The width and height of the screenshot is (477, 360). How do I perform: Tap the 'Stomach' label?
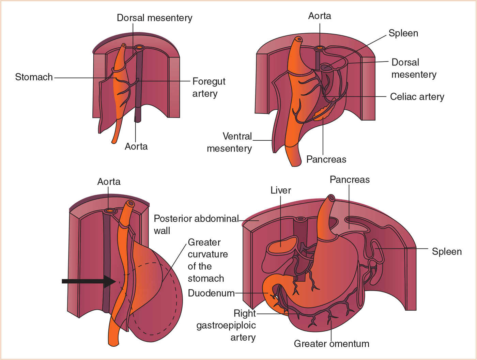point(34,77)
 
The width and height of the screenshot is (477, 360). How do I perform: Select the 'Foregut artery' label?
point(209,87)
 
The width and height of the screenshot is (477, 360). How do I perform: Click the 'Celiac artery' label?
point(417,97)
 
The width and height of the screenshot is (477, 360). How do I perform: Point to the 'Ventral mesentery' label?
point(229,142)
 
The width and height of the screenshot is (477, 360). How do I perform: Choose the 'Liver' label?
point(281,190)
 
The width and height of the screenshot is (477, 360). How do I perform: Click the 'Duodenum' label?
point(211,293)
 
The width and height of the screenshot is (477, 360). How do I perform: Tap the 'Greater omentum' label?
point(332,343)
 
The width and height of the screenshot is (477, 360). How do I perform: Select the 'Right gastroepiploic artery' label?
point(226,325)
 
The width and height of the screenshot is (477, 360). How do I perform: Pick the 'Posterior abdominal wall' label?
point(196,224)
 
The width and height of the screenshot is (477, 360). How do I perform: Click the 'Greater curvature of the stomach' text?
point(207,260)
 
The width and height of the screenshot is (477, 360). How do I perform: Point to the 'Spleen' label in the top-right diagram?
point(403,33)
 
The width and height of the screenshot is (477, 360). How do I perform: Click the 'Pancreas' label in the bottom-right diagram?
point(350,179)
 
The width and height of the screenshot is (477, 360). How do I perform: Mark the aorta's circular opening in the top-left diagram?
point(139,47)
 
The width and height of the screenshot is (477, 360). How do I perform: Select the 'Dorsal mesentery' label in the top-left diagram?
point(154,18)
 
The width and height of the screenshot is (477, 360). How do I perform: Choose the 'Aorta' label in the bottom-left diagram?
point(109,182)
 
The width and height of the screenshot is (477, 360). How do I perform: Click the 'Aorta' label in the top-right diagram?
point(319,16)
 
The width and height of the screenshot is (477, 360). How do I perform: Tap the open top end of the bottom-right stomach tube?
point(331,198)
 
